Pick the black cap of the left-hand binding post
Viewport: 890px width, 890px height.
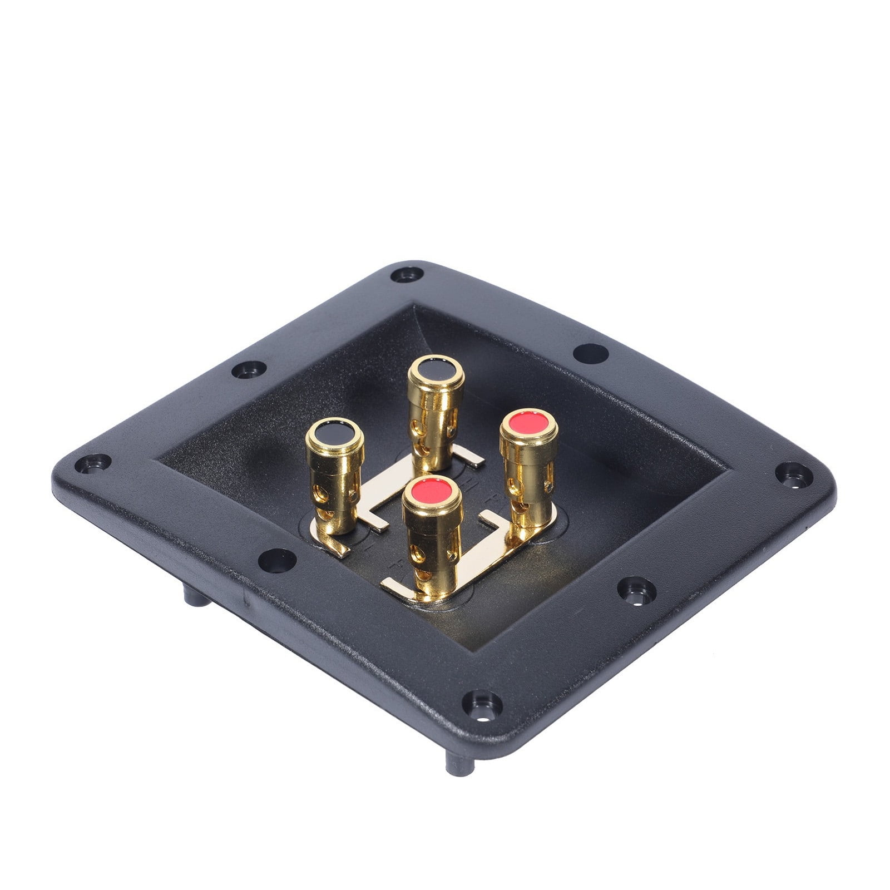tap(335, 432)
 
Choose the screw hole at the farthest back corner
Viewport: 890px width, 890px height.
tap(407, 275)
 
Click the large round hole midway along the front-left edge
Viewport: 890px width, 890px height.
tap(276, 560)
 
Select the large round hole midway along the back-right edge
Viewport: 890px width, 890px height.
tap(591, 353)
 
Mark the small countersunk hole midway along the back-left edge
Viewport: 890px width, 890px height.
tap(248, 369)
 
